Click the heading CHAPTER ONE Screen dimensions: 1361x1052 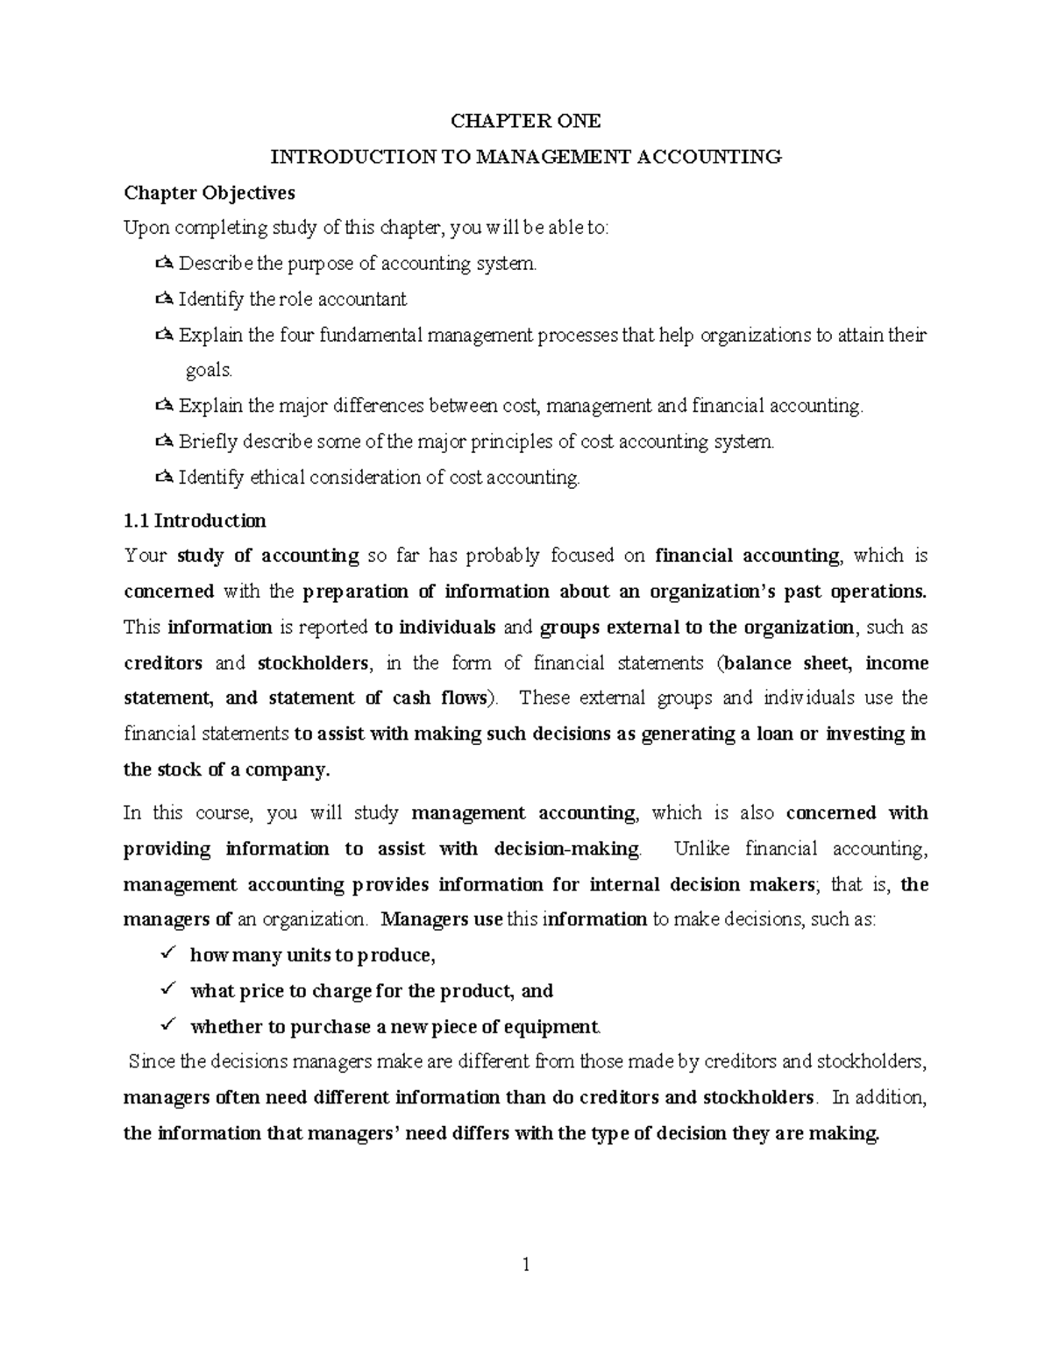click(x=525, y=121)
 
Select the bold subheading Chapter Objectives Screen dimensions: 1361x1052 click(x=210, y=192)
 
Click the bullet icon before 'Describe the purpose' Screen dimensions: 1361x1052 click(x=164, y=264)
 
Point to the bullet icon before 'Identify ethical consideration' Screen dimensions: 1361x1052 click(x=164, y=478)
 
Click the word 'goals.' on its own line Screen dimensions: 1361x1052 click(x=210, y=371)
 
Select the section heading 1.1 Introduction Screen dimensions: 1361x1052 click(x=195, y=521)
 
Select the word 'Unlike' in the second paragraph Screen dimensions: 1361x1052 click(x=696, y=848)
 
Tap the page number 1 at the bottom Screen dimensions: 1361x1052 click(x=526, y=1264)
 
